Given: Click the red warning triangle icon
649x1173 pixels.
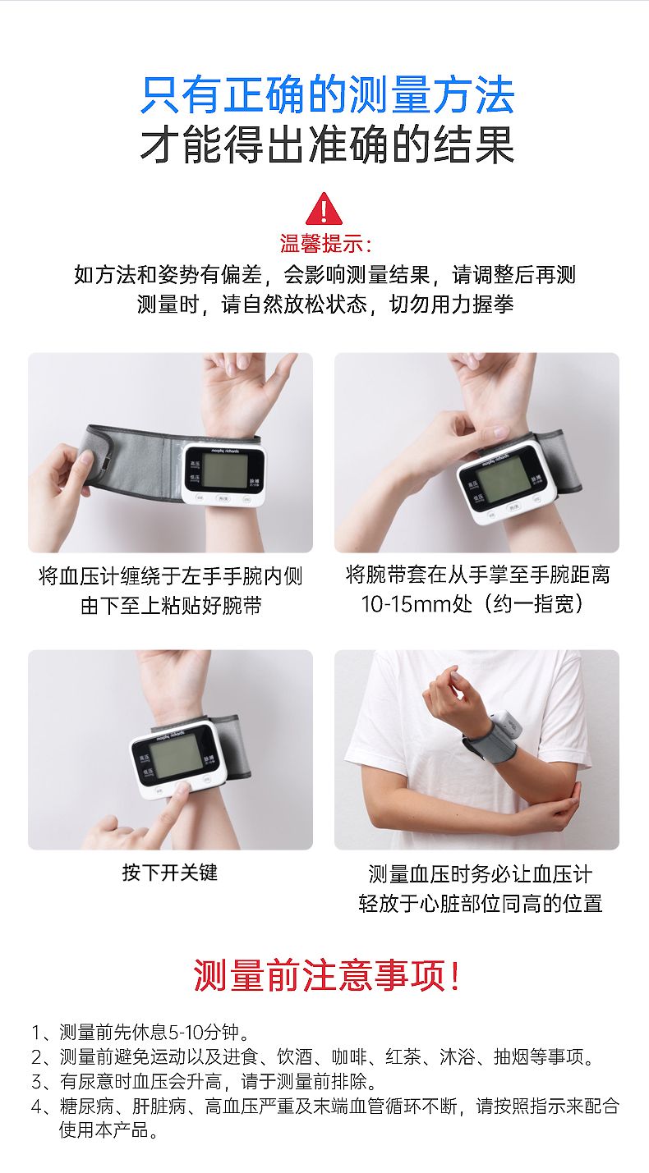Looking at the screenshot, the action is [324, 209].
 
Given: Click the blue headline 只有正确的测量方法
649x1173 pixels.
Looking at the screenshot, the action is [327, 94].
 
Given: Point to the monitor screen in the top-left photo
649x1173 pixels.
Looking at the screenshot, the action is [225, 470].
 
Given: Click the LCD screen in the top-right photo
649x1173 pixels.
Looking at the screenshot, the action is [504, 481].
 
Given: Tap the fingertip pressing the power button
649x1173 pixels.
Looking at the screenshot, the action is [182, 790].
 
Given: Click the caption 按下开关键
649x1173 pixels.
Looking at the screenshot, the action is [170, 873].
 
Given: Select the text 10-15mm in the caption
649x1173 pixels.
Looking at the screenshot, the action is [406, 604].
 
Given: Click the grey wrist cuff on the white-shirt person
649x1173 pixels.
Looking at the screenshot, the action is [490, 741].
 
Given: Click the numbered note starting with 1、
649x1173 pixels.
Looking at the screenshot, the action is [141, 1032].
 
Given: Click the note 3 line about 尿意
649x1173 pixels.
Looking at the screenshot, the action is [205, 1081].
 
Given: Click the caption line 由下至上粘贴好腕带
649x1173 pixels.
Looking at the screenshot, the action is [171, 606].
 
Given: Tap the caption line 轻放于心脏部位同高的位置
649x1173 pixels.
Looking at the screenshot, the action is [481, 903].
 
